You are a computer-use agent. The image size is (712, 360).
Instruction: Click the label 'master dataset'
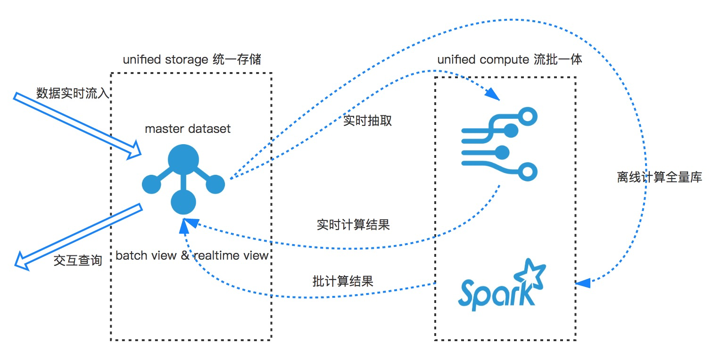pyautogui.click(x=188, y=129)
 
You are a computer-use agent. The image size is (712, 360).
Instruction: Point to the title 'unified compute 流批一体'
pyautogui.click(x=509, y=60)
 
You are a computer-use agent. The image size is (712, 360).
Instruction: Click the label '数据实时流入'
pyautogui.click(x=73, y=93)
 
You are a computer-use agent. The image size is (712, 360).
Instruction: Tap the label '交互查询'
pyautogui.click(x=78, y=260)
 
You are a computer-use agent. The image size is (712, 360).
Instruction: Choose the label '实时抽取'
pyautogui.click(x=368, y=121)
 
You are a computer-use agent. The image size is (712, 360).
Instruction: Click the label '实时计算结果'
pyautogui.click(x=353, y=224)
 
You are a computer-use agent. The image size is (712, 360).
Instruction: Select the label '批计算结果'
pyautogui.click(x=343, y=281)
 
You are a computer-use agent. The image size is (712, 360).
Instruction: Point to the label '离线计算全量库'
pyautogui.click(x=660, y=178)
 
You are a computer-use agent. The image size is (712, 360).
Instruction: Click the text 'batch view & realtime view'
pyautogui.click(x=192, y=255)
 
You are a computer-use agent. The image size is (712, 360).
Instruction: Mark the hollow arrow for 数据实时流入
pyautogui.click(x=77, y=124)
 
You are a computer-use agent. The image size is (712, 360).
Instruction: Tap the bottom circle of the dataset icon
pyautogui.click(x=183, y=202)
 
